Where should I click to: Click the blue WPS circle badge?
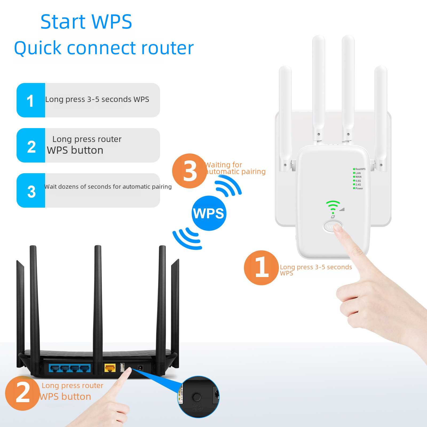(209, 213)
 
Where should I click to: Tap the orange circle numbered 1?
(261, 268)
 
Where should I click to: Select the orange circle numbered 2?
(22, 393)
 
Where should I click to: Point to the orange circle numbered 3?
(189, 171)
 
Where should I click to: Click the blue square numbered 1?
(31, 100)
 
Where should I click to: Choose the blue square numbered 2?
(31, 145)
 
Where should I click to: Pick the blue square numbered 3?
(31, 191)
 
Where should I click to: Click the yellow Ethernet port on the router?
(110, 368)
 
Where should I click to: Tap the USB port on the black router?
(122, 367)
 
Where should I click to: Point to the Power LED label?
(359, 188)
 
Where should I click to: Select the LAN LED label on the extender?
(358, 173)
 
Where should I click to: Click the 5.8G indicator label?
(358, 181)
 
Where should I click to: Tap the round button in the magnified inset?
(197, 397)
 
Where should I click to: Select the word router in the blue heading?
(167, 48)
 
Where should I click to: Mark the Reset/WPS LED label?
(360, 169)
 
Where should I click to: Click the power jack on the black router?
(140, 368)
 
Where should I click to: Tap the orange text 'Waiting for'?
(224, 165)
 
